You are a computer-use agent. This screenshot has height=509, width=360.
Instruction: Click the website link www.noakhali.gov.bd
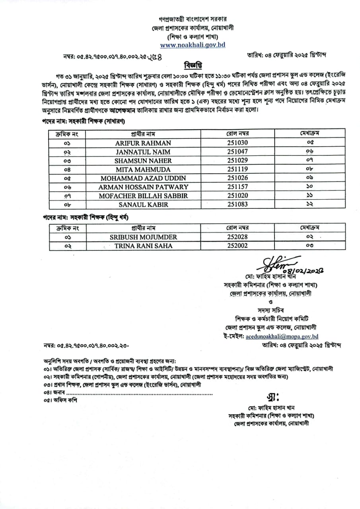pyautogui.click(x=193, y=45)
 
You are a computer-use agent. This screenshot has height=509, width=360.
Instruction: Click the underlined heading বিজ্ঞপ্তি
pyautogui.click(x=193, y=66)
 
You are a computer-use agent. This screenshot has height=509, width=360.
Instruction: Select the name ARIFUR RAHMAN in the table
pyautogui.click(x=143, y=143)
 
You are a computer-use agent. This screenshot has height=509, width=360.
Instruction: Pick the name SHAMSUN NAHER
pyautogui.click(x=143, y=160)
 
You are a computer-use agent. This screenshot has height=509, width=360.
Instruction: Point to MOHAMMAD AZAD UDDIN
pyautogui.click(x=143, y=178)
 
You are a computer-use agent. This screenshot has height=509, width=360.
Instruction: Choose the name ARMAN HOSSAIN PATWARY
pyautogui.click(x=143, y=187)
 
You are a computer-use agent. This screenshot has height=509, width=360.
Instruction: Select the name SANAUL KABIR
pyautogui.click(x=143, y=204)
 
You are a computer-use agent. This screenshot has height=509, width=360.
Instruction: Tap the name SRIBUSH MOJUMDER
pyautogui.click(x=143, y=237)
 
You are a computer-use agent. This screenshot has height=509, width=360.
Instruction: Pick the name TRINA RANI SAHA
pyautogui.click(x=143, y=246)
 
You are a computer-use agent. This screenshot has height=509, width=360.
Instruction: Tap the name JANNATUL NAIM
pyautogui.click(x=143, y=152)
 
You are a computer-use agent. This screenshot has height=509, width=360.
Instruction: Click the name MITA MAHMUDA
pyautogui.click(x=143, y=169)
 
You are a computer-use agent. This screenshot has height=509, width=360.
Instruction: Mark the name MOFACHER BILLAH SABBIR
pyautogui.click(x=143, y=196)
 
